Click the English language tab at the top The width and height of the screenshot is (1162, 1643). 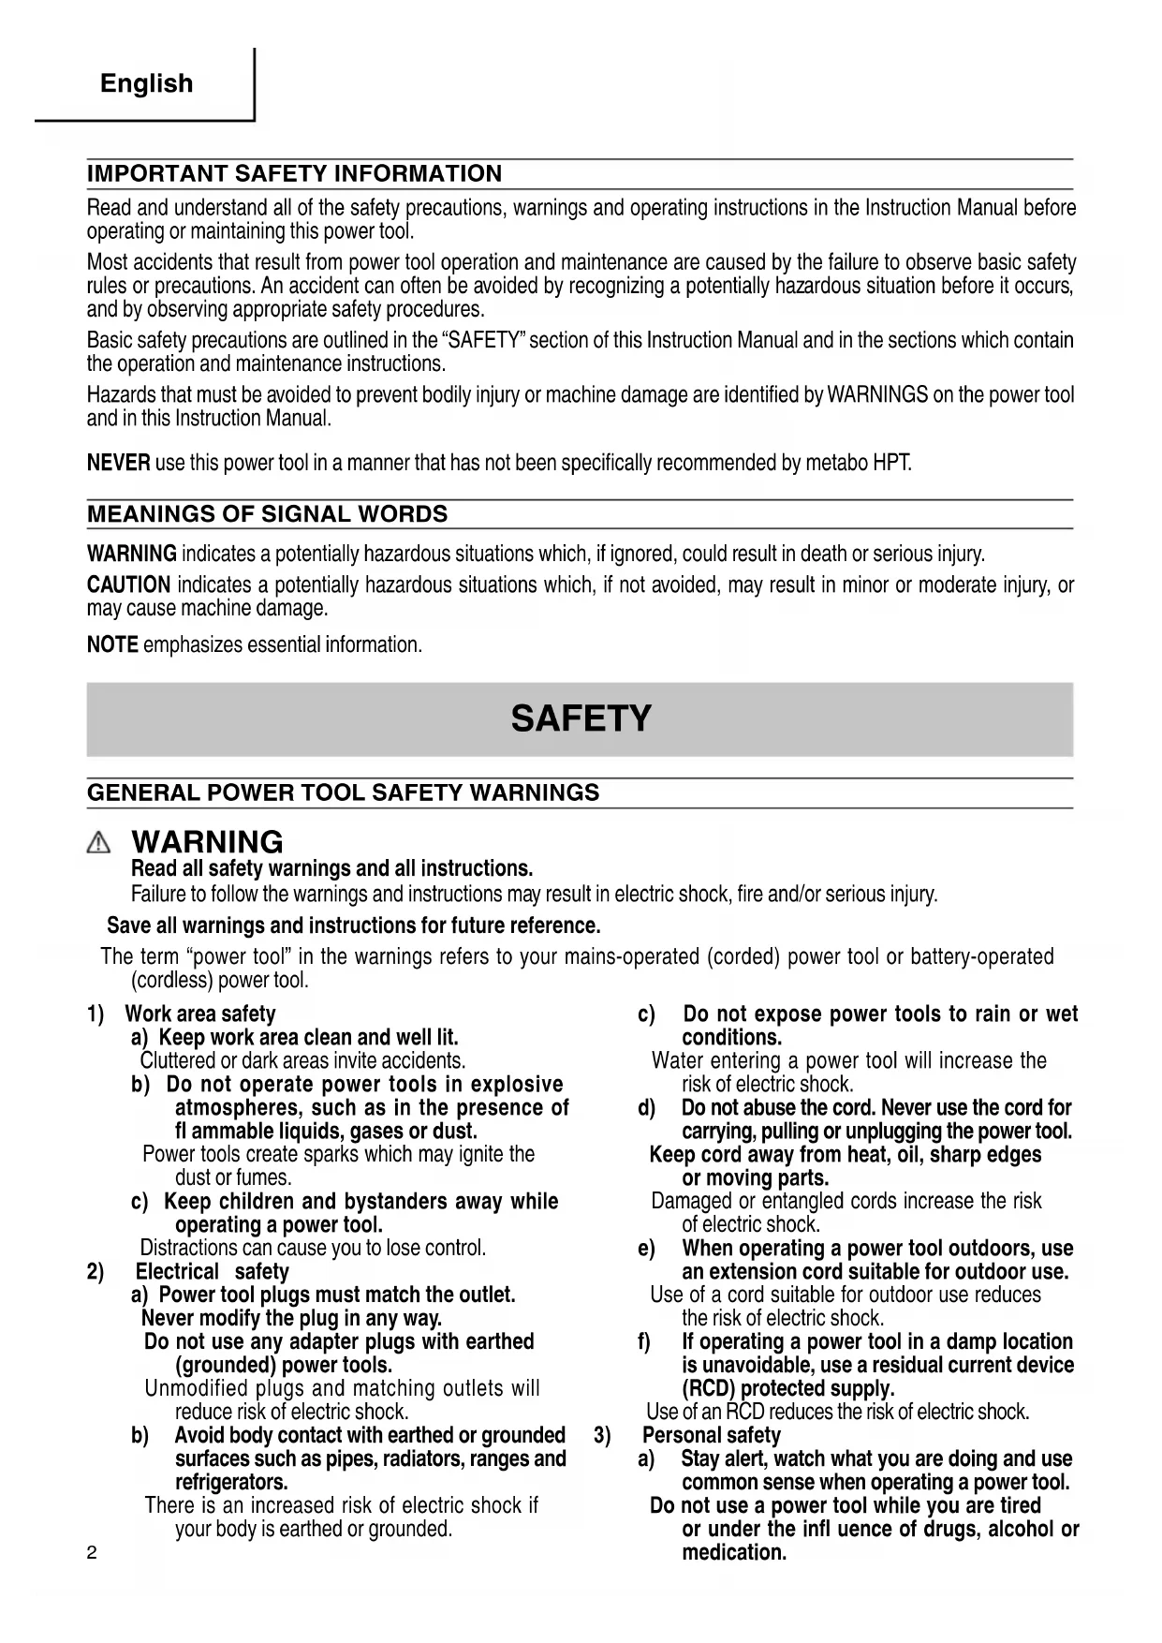[x=146, y=83]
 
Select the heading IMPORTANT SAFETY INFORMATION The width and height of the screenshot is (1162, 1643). [x=294, y=174]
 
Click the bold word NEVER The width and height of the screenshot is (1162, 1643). [x=118, y=463]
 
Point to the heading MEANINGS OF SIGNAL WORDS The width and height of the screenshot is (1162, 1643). [x=267, y=514]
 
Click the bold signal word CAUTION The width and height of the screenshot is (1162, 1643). [x=128, y=585]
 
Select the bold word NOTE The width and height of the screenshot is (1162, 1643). [x=112, y=645]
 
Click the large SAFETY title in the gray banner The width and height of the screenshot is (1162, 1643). [x=581, y=718]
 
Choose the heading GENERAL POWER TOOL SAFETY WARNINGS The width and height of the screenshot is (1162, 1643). [x=343, y=793]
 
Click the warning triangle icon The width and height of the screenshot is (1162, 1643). [x=98, y=843]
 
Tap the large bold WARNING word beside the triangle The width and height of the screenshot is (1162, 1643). [x=207, y=842]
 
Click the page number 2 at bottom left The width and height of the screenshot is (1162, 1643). [x=92, y=1553]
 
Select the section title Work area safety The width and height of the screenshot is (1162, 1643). [x=200, y=1014]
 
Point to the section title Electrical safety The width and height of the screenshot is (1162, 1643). [x=212, y=1272]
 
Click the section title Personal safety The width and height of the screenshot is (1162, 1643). [x=711, y=1436]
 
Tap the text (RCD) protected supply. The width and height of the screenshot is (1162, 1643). [x=787, y=1389]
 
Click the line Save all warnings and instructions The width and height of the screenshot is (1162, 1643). [x=353, y=926]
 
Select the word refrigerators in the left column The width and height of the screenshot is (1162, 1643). [x=231, y=1483]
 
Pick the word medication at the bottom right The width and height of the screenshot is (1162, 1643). [x=733, y=1553]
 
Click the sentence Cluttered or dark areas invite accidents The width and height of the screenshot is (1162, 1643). [x=302, y=1061]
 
